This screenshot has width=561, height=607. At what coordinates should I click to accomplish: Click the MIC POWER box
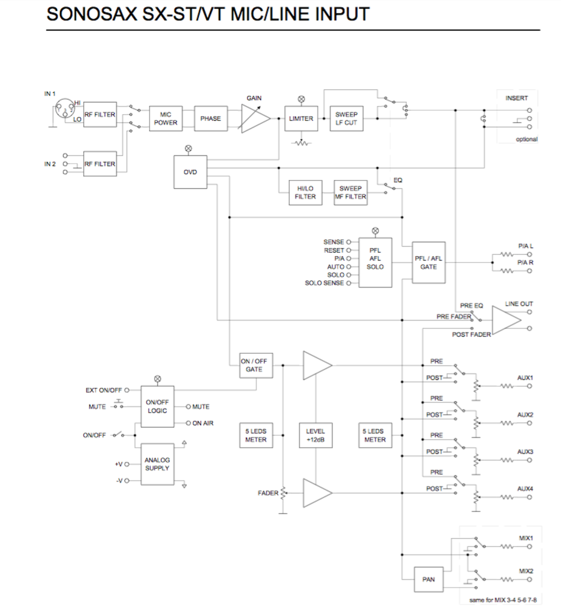point(166,118)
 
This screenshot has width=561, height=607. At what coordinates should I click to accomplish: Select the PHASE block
point(210,118)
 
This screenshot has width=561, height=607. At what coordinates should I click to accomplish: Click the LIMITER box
point(301,118)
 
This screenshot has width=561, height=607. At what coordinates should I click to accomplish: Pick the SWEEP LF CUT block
point(346,118)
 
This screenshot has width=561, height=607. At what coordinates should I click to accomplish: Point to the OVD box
point(190,172)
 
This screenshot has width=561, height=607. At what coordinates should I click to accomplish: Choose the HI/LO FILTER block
point(306,192)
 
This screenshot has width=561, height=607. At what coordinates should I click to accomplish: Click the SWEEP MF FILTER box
point(351,192)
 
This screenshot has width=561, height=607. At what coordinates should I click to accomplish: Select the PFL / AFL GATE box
point(429,263)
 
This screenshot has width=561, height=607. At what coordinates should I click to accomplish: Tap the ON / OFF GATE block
point(254,365)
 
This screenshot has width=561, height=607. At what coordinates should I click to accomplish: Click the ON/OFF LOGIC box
point(157,406)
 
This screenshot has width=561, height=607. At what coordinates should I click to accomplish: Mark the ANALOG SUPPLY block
point(157,464)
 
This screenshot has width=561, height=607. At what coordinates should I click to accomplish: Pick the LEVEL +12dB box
point(315,435)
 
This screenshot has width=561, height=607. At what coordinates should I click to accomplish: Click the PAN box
point(428,579)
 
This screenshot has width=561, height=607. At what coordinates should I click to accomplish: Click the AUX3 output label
point(525,452)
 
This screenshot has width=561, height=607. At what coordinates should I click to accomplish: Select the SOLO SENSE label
point(324,283)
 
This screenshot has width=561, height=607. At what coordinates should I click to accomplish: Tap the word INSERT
point(516,98)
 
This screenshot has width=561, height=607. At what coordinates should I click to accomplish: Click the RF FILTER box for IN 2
point(99,164)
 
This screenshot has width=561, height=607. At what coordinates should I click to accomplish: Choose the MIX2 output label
point(526,571)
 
